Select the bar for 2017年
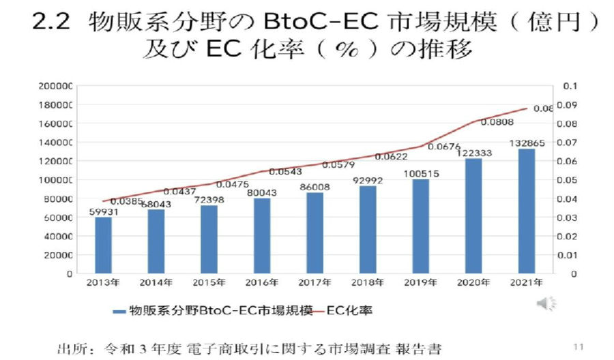[315, 232]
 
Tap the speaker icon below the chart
[546, 303]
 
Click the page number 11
[579, 345]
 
